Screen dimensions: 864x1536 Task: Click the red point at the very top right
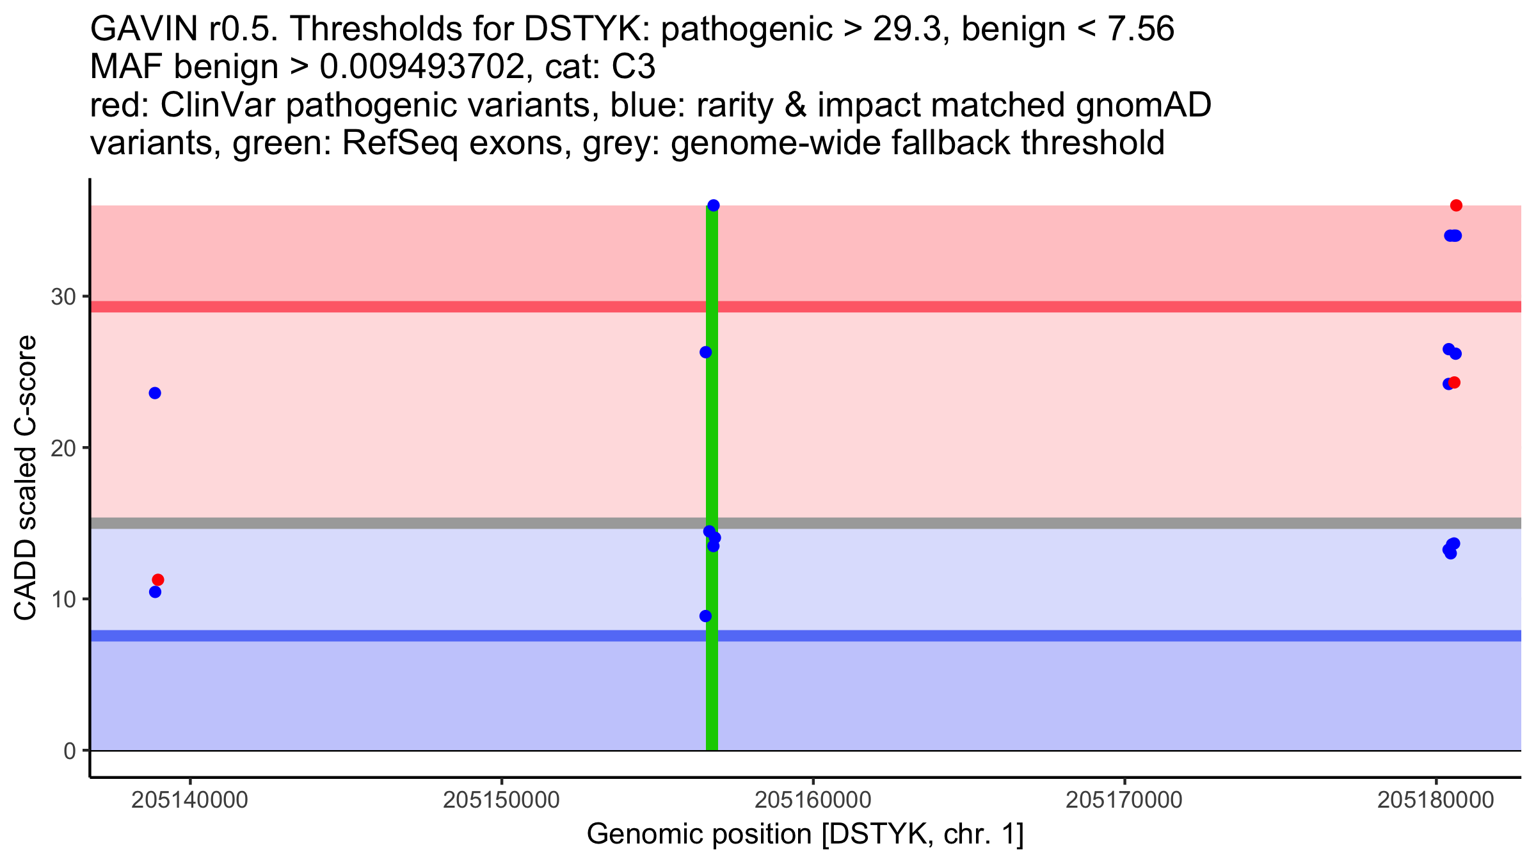coord(1456,205)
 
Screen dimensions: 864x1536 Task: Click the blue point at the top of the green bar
coord(714,205)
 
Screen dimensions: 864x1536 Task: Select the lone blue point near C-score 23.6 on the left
coord(155,393)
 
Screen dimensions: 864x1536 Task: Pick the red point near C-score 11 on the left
coord(158,580)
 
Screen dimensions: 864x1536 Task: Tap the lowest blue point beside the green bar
coord(705,616)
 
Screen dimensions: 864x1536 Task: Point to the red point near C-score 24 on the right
coord(1455,383)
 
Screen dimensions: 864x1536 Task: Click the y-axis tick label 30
coord(63,297)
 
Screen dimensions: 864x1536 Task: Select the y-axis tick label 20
coord(63,448)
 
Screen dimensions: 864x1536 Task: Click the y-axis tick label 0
coord(69,751)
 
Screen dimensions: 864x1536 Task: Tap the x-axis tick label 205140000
coord(189,800)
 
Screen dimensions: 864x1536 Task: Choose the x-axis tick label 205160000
coord(813,800)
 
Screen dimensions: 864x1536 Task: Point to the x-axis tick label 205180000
coord(1436,800)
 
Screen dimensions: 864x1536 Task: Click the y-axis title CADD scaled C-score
coord(26,478)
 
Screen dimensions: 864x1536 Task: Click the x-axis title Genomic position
coord(805,835)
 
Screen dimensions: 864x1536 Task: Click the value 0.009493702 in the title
coord(422,67)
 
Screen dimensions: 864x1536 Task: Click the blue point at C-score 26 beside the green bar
coord(705,352)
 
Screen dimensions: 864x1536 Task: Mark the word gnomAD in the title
coord(1143,106)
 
